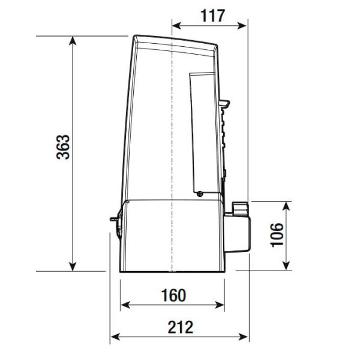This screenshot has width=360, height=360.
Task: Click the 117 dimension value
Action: (212, 16)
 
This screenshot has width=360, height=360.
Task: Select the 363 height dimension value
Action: (63, 147)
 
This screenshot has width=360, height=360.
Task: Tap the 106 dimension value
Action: (277, 235)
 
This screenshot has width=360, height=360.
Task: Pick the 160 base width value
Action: (173, 295)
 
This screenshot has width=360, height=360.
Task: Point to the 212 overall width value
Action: (181, 327)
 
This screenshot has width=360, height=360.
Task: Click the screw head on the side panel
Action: (200, 194)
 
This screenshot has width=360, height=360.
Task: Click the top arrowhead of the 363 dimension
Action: (73, 40)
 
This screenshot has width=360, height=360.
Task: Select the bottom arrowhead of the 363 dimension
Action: (73, 267)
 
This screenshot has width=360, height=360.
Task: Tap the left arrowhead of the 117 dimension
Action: (176, 26)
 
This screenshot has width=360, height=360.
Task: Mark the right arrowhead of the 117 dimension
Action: (242, 26)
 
